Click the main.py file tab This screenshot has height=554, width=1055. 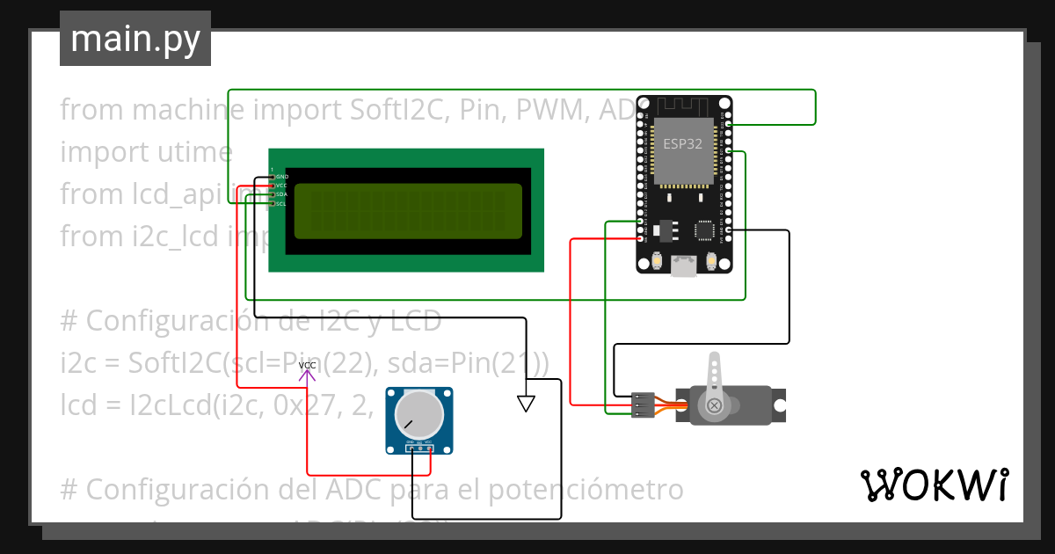135,39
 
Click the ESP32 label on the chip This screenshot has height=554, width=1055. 682,145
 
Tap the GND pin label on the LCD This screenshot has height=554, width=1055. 282,177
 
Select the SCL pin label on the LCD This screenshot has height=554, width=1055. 281,204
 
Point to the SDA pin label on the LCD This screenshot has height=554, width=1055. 281,195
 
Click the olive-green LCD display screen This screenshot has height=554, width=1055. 408,211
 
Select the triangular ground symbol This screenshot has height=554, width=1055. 526,404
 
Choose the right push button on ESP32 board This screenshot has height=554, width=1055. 711,261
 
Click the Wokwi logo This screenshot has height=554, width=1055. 934,485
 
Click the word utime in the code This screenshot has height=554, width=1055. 190,152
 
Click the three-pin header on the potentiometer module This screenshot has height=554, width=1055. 419,449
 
